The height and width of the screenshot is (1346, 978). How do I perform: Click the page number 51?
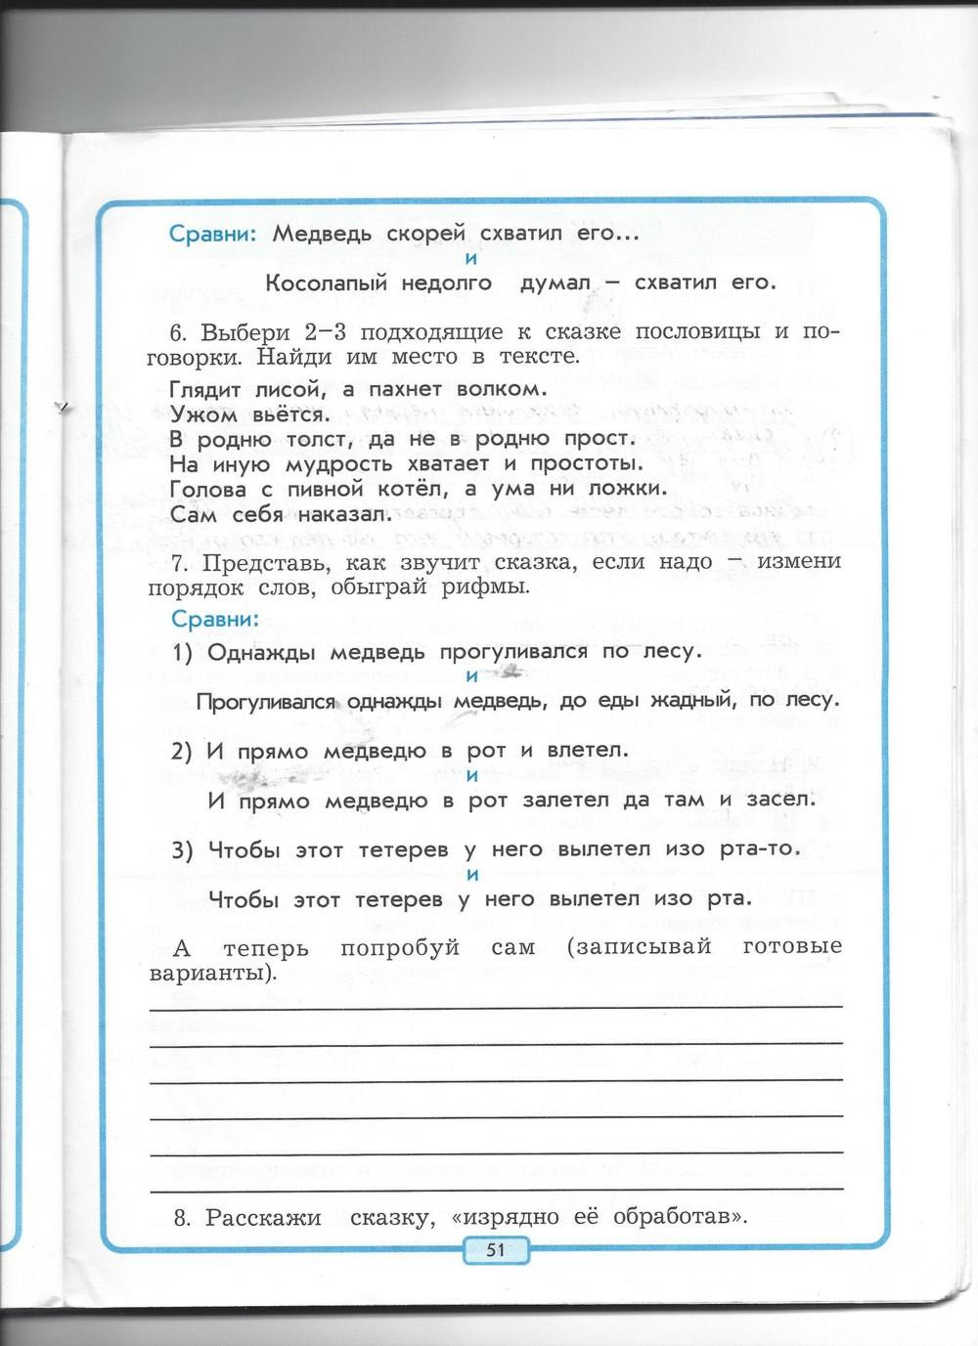coord(495,1249)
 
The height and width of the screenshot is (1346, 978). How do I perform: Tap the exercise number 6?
coord(176,332)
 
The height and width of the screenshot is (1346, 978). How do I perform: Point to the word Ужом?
coord(202,414)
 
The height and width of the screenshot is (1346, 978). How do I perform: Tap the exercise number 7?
coord(177,563)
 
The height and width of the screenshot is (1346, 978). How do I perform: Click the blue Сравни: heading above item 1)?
coord(215,620)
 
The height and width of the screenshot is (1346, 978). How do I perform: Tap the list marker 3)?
coord(183,850)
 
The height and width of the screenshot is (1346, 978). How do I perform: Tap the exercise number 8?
coord(180,1218)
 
